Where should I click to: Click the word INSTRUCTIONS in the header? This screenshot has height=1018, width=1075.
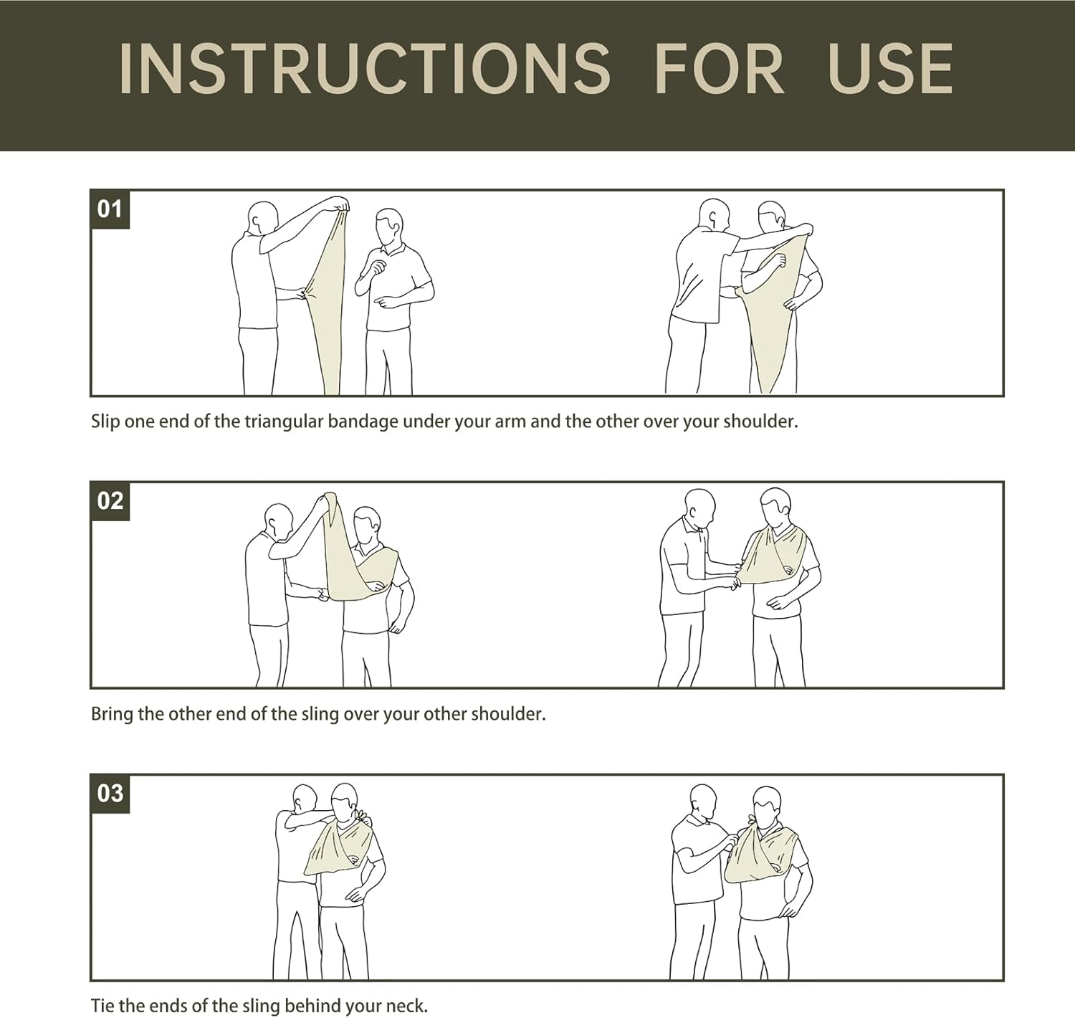click(364, 69)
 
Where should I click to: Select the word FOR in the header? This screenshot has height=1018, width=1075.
click(719, 69)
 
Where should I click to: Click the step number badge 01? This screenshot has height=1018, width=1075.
click(110, 209)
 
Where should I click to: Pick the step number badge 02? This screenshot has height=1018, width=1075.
click(110, 501)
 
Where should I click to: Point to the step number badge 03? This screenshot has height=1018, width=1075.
click(110, 793)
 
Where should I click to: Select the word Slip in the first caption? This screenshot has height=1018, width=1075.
click(105, 422)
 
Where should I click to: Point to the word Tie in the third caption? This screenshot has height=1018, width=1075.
click(102, 1005)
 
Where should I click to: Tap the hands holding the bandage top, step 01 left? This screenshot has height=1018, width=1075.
click(342, 205)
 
